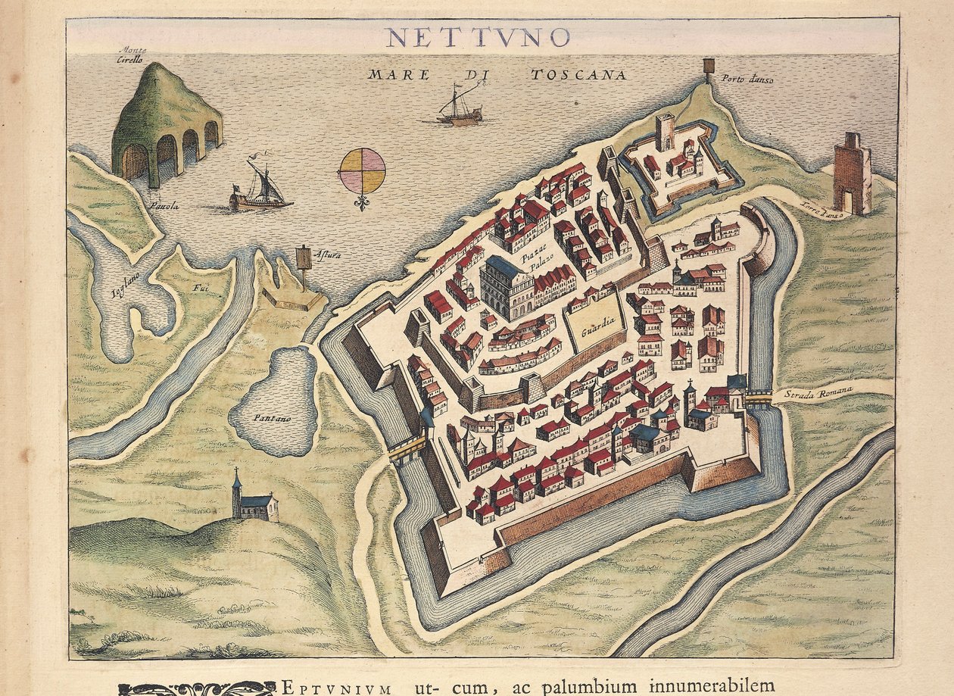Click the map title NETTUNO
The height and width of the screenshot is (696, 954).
(x=477, y=37)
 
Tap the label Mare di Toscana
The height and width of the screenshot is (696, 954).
(x=497, y=75)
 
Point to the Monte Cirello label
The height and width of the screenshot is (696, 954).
(x=132, y=55)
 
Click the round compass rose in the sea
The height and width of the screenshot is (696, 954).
(x=362, y=171)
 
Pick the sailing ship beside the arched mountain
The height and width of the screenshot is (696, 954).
(x=260, y=187)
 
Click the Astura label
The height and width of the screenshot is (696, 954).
(x=328, y=255)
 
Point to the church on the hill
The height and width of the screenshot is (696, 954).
(x=254, y=499)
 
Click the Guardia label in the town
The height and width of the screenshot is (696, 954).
(x=595, y=330)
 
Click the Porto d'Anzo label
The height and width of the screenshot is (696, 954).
(x=747, y=79)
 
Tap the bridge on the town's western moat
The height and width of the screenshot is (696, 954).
(x=407, y=448)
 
